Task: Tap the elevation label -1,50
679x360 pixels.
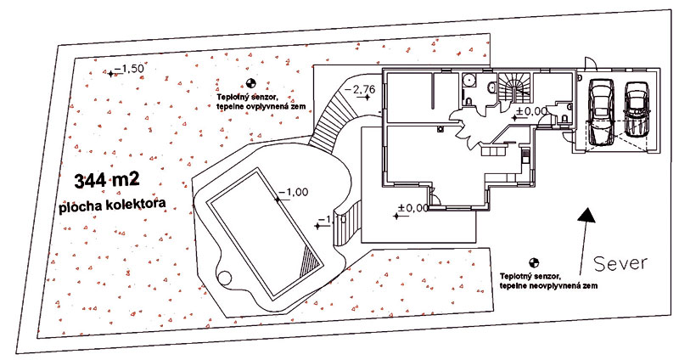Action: tap(128, 68)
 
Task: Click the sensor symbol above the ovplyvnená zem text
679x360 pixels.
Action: tap(250, 83)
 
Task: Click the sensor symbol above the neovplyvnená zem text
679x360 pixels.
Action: tap(534, 263)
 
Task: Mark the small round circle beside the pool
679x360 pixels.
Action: tap(225, 277)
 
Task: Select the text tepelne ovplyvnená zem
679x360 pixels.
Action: tap(260, 107)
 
